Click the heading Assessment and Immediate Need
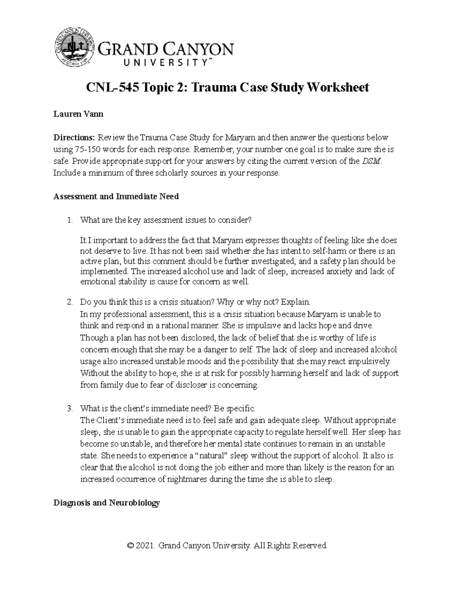[116, 196]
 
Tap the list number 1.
[69, 220]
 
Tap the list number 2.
[69, 302]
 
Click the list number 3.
[69, 408]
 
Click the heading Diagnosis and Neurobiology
[107, 503]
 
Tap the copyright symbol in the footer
[131, 546]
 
